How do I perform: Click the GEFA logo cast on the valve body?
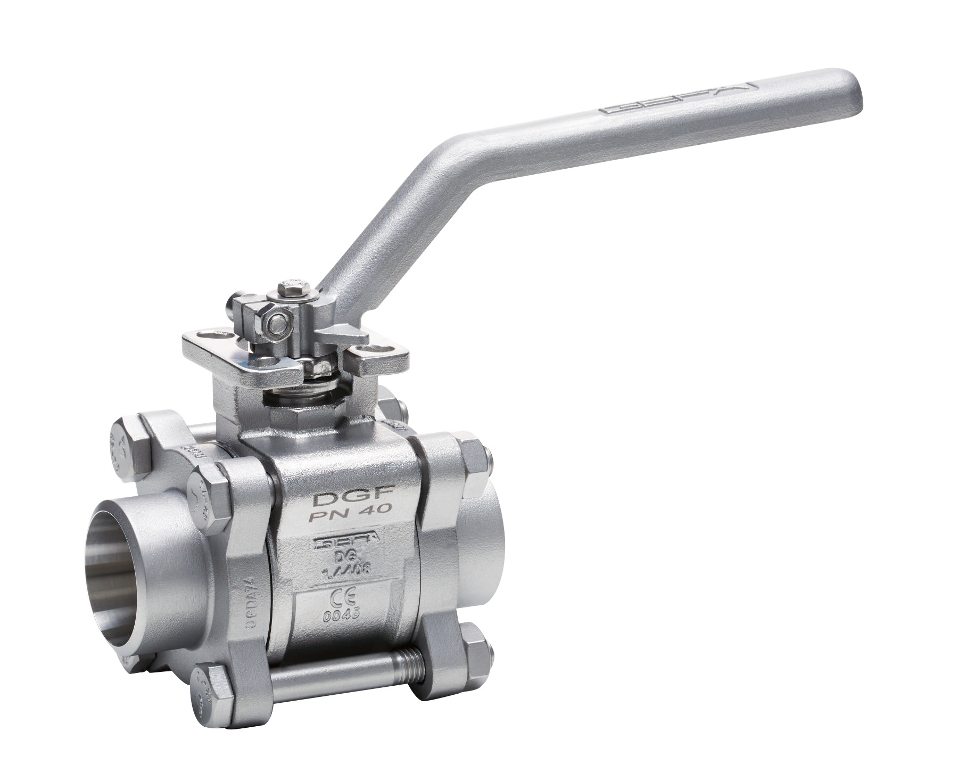point(346,542)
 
